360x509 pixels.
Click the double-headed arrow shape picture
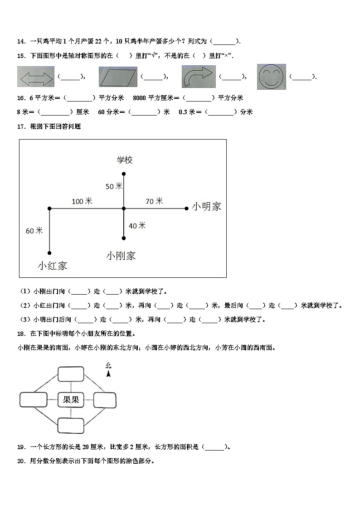tap(35, 77)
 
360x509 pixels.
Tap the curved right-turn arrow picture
tap(198, 77)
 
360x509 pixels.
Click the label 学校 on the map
tap(125, 160)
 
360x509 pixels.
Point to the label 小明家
tap(207, 206)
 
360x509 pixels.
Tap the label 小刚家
tap(121, 256)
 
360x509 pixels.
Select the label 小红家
tap(53, 266)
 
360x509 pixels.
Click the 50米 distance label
tap(114, 186)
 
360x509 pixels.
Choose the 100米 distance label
tap(82, 201)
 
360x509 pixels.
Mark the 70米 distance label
tap(154, 201)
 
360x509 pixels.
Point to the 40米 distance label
tap(137, 225)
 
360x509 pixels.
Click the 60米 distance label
tap(34, 231)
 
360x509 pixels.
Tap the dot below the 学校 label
tap(124, 174)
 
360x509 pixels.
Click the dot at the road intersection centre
tap(124, 208)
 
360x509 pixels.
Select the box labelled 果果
tap(71, 400)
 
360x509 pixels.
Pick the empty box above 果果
tap(71, 374)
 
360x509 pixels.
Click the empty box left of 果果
tap(33, 400)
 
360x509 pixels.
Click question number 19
tap(21, 447)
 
